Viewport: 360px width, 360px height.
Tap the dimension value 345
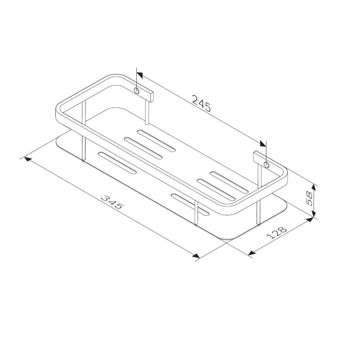(x=112, y=203)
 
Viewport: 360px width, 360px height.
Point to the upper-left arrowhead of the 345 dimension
(x=27, y=159)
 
